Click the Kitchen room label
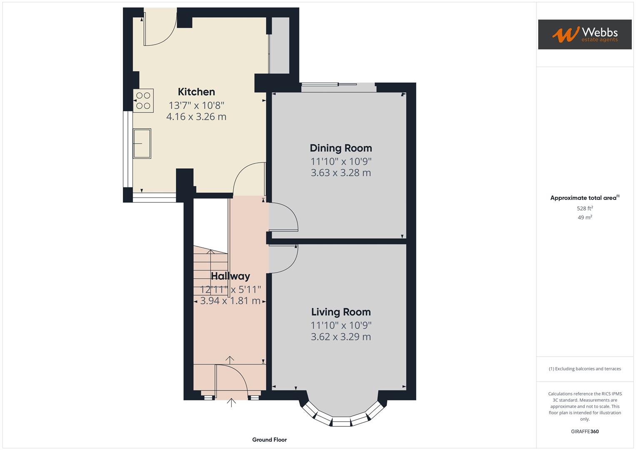pos(196,92)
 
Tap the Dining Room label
pos(341,148)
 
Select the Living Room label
pos(341,312)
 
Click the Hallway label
pos(230,276)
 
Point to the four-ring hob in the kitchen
pos(143,100)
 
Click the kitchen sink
pos(142,143)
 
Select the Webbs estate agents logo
pos(584,35)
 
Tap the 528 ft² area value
pos(584,208)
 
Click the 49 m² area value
pos(584,217)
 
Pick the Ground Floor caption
pos(269,440)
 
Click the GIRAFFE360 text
pos(584,431)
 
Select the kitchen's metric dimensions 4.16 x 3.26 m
pos(196,117)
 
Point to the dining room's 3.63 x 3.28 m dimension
pos(341,172)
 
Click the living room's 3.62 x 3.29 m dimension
pos(341,337)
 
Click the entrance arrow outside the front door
pos(231,402)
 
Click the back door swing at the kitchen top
pos(160,31)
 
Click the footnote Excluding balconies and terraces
pos(584,369)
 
